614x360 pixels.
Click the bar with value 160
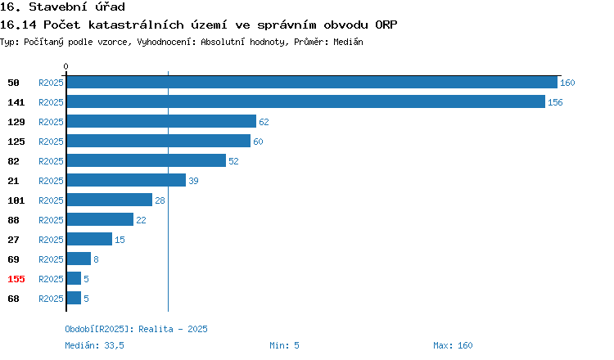tap(312, 82)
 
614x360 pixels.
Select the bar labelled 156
tap(306, 101)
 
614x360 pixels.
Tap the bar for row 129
tap(161, 121)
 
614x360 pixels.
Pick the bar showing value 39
tap(126, 180)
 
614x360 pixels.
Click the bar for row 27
tap(89, 239)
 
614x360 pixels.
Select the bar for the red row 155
tap(74, 278)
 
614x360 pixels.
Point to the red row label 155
tap(16, 279)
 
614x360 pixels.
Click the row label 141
tap(16, 102)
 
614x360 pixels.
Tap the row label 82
tap(13, 161)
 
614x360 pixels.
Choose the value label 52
tap(233, 161)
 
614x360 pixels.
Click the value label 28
tap(160, 200)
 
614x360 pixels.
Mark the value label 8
tap(96, 259)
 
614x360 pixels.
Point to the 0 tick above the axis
tap(65, 66)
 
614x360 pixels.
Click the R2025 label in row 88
tap(51, 220)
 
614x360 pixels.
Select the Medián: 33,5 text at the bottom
tap(94, 345)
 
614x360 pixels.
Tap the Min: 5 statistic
tap(284, 345)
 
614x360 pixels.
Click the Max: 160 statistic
tap(453, 345)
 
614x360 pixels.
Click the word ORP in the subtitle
tap(386, 25)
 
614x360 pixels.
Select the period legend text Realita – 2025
tap(173, 329)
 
